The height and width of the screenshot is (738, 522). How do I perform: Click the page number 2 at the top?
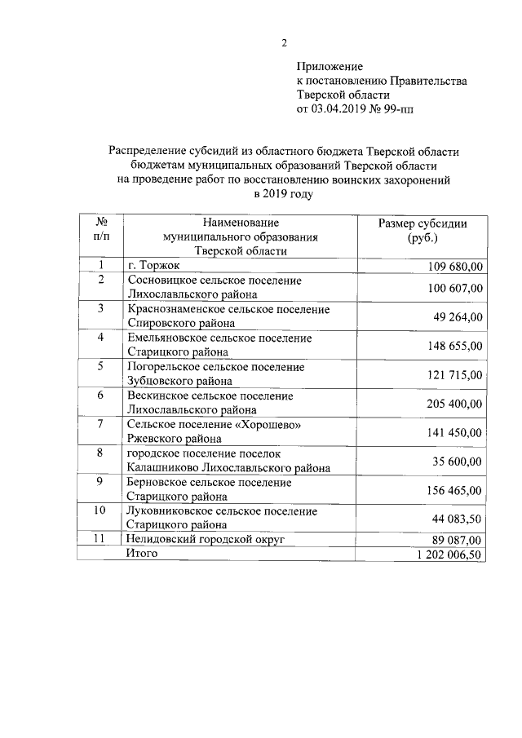(284, 43)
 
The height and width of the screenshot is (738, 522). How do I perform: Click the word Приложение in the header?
(329, 66)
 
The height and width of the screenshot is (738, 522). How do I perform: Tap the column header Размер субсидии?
(422, 224)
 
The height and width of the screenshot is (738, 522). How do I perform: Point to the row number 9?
(100, 482)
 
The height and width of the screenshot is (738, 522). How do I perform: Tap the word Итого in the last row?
(141, 554)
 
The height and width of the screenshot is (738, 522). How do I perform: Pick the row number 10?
(100, 510)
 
